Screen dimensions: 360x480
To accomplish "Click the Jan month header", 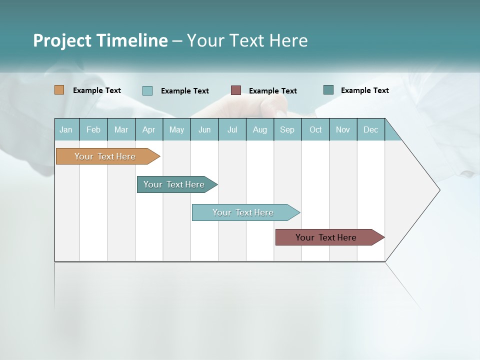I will [x=66, y=129].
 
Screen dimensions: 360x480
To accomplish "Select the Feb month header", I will [x=93, y=129].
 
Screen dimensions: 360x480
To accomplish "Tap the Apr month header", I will [x=148, y=129].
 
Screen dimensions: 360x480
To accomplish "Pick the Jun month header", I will [x=204, y=129].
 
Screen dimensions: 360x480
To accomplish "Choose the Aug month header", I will [x=259, y=129].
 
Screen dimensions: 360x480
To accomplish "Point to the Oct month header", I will [x=315, y=129].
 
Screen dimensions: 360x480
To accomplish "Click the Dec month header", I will [x=370, y=129].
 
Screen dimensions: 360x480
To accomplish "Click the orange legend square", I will [x=59, y=90].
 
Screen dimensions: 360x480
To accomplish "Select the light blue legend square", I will [x=147, y=90].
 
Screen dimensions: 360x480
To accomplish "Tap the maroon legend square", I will [x=236, y=90].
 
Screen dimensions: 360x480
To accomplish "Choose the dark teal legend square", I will [x=328, y=90].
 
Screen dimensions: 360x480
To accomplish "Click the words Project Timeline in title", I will [x=100, y=40].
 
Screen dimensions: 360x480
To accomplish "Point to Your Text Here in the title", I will [x=247, y=40].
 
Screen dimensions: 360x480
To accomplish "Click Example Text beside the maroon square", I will [x=272, y=90].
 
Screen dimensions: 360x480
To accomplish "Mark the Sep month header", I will [x=287, y=129].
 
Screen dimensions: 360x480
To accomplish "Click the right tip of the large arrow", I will [x=438, y=190].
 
